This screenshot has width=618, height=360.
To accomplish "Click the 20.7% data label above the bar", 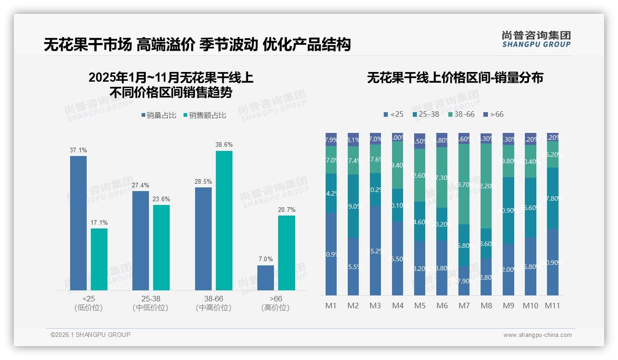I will pos(287,210).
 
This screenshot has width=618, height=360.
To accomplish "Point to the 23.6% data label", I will pos(161,199).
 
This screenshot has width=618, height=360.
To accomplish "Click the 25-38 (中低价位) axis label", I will pos(150,303).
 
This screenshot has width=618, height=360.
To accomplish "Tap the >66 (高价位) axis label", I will pos(275,303).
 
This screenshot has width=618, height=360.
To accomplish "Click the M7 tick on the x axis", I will pos(464,306).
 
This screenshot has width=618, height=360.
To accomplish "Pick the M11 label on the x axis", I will pos(553,306).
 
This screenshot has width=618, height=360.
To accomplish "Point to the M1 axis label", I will pos(331,306).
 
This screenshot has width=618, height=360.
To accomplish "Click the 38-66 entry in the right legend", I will pos(461,114).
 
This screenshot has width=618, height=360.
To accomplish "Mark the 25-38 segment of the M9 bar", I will pos(508,210).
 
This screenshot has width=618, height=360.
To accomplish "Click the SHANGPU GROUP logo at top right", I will pos(536,39).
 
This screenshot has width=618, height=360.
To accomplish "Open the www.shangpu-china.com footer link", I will pos(537,335).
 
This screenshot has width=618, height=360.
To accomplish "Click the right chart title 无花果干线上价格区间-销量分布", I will pos(455,78).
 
